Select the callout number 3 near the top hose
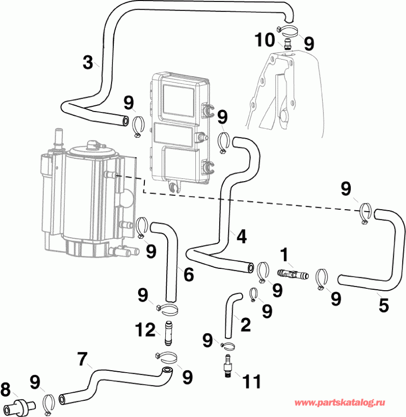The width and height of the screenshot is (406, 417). [x=88, y=62]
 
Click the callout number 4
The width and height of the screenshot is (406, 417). [x=242, y=236]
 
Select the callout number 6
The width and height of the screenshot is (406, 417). [x=188, y=275]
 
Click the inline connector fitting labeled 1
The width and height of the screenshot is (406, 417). [x=292, y=274]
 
